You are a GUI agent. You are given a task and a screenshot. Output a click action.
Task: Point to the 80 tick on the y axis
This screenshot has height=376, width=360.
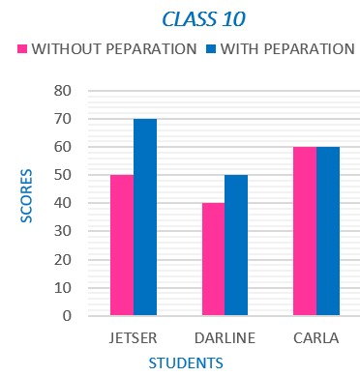[x=64, y=91]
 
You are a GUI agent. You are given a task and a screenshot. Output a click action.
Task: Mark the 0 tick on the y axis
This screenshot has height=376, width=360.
[x=68, y=316]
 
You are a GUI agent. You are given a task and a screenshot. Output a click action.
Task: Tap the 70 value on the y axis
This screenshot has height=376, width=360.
[x=64, y=119]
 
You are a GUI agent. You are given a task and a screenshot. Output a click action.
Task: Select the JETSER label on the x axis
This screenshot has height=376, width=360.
[x=133, y=337]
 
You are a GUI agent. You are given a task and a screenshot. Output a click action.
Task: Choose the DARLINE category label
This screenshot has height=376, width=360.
[x=224, y=337]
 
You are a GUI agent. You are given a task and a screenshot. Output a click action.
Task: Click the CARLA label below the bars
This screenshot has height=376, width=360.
[x=315, y=337]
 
